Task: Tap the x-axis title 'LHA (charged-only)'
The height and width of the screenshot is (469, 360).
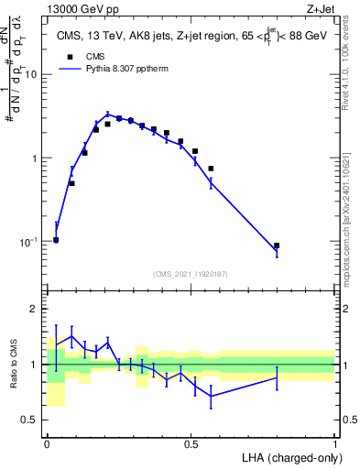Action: pos(288,457)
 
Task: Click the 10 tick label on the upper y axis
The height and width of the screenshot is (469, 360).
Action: pos(32,74)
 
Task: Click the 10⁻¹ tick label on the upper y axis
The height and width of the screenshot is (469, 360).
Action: pos(30,242)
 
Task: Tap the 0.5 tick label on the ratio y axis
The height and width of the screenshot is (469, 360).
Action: pos(32,420)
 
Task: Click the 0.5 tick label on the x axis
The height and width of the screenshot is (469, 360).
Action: pos(191,443)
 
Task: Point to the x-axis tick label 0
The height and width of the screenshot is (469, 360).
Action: pos(47,443)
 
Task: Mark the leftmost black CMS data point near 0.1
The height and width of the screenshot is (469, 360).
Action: pos(56,240)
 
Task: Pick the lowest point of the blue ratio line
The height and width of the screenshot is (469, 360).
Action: pos(212,396)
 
